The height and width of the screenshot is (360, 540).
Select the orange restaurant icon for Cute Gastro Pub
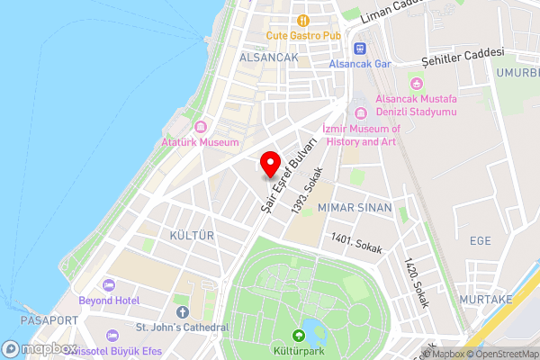pos(302,20)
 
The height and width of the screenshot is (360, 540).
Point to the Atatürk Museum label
pos(200,142)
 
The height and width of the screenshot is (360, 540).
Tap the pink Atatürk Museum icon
pos(200,127)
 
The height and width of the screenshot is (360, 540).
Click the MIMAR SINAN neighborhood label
pos(355,208)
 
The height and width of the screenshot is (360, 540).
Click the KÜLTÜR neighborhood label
pos(192,235)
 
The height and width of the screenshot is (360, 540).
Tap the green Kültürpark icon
pos(300,336)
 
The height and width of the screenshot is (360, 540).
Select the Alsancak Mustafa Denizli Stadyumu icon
pos(361,112)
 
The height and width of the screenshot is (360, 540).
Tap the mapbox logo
pos(40,348)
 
